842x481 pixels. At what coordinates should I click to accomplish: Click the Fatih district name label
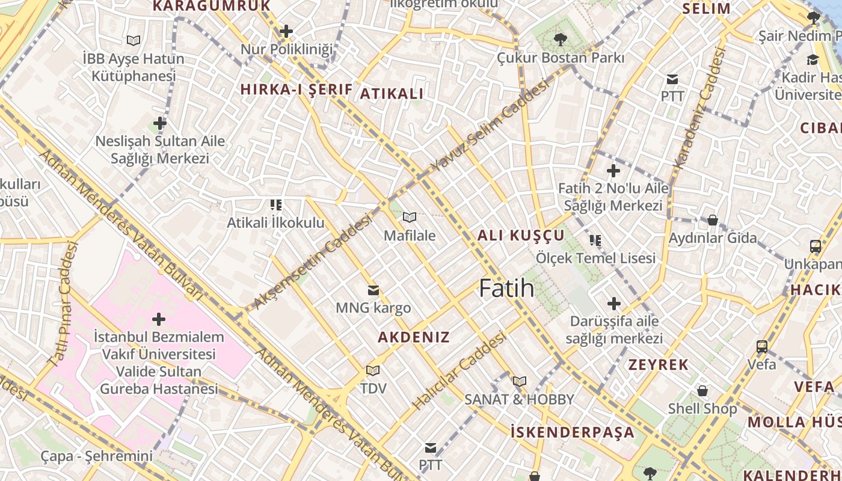[506, 289]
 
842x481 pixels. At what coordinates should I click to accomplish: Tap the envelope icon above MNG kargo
[373, 290]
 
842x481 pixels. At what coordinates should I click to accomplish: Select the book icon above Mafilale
[410, 217]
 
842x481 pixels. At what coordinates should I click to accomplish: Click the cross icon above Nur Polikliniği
[286, 31]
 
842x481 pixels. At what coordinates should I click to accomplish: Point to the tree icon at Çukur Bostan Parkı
[561, 40]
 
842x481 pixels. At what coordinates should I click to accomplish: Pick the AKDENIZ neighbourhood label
[414, 337]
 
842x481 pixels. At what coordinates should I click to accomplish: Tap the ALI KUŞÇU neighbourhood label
[521, 236]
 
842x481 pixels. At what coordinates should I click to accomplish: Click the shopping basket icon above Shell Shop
[702, 391]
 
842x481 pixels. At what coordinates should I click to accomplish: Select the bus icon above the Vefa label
[761, 346]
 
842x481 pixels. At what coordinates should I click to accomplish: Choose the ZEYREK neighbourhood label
[659, 365]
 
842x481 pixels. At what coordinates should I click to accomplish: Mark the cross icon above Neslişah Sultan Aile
[160, 124]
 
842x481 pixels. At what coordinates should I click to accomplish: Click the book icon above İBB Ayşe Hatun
[134, 41]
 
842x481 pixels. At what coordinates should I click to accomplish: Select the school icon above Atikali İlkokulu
[276, 205]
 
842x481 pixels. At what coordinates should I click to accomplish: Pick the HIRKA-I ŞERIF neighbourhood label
[297, 90]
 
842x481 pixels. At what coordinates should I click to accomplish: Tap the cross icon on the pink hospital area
[159, 319]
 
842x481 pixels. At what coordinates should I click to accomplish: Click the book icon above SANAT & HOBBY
[520, 381]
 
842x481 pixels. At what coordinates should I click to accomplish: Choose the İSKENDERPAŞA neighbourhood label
[573, 432]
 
